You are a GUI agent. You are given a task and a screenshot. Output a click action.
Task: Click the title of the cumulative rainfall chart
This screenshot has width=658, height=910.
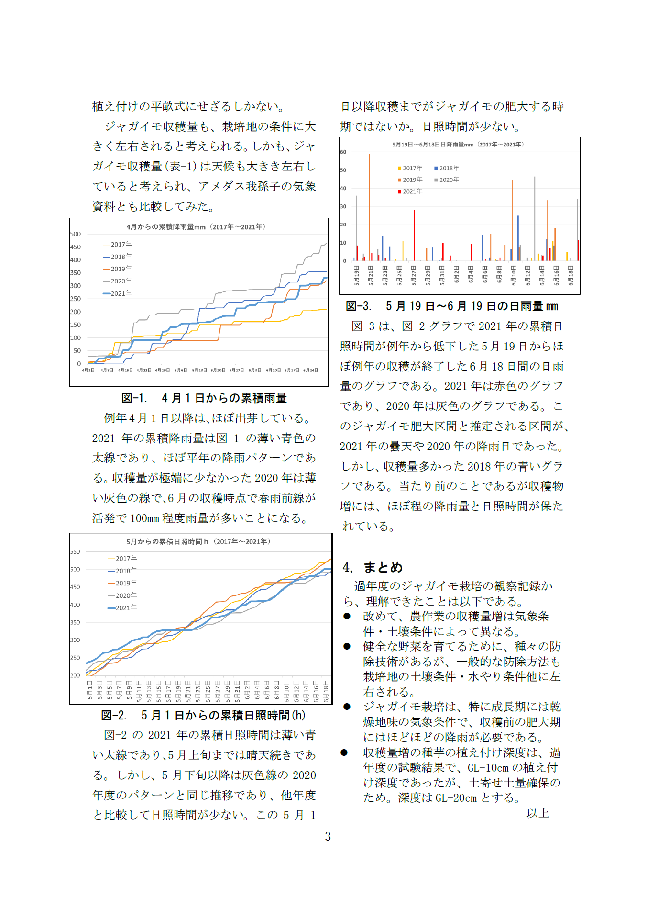196,227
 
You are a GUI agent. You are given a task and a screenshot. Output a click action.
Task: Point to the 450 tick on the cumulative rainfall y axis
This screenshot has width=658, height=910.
76,247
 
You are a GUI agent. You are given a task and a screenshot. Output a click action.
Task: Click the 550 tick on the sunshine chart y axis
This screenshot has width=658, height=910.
75,552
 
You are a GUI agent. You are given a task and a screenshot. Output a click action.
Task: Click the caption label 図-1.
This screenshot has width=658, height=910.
134,398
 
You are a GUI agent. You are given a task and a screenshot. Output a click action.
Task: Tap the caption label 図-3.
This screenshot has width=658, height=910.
358,306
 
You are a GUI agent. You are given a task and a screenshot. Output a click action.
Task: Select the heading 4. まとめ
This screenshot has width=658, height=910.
373,567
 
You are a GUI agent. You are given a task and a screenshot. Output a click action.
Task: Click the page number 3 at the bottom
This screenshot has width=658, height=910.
328,836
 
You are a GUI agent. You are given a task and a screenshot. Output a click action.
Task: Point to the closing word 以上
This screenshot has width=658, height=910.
537,813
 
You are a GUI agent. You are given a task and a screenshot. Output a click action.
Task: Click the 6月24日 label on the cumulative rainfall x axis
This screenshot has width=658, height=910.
310,371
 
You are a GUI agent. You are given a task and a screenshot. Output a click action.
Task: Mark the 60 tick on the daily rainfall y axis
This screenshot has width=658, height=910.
343,152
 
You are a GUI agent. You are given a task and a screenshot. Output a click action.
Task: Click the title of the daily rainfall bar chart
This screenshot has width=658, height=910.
458,145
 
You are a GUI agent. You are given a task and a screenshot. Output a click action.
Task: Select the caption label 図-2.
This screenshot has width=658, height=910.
114,715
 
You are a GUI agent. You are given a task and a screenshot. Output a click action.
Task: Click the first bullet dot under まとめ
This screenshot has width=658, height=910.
347,616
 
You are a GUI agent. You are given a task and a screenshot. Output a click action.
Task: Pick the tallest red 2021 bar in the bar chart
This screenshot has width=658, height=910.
414,235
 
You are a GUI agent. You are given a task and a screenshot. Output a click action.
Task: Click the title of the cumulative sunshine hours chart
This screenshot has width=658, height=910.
198,542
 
